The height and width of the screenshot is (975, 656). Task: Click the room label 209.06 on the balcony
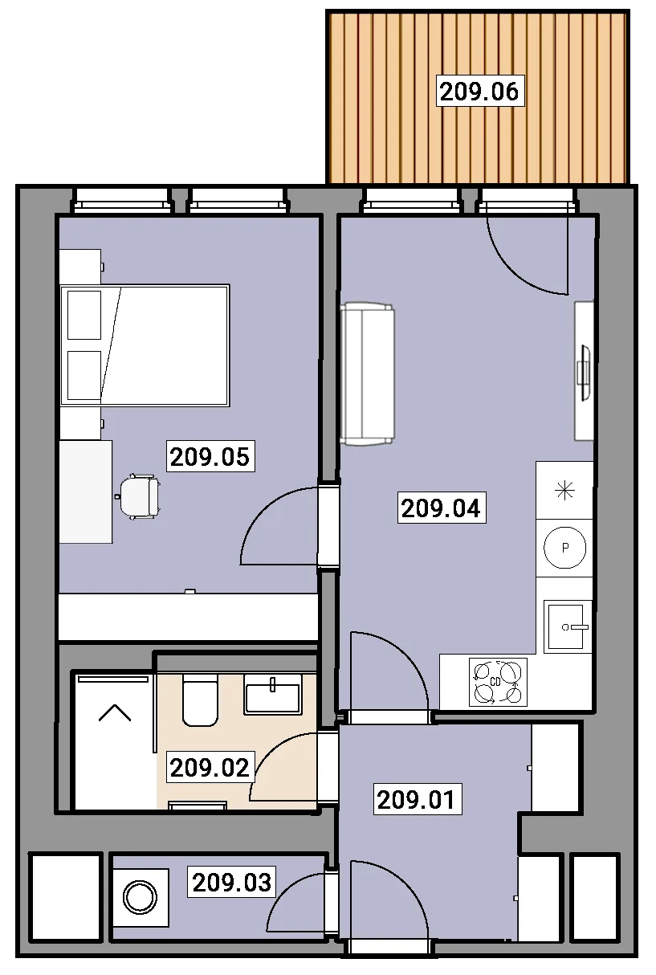point(479,92)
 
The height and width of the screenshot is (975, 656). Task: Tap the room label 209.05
point(210,457)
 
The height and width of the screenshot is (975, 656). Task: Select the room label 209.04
point(442,508)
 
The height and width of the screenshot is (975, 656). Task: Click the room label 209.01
point(417,800)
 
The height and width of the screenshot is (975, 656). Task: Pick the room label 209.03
point(232,883)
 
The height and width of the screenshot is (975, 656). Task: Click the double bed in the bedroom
point(145,345)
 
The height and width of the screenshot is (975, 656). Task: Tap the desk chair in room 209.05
point(138,496)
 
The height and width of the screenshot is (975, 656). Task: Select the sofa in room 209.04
point(368,374)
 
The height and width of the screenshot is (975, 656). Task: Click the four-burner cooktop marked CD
point(498,682)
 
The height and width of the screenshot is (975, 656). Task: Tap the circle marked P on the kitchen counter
point(565,548)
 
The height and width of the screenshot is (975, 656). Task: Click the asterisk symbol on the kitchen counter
point(565,491)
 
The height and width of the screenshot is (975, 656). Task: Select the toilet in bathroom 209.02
point(200,700)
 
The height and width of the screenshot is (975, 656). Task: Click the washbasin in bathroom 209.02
point(273,694)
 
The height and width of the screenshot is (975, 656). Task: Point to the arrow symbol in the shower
point(115,712)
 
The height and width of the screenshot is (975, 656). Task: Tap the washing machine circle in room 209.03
point(141,898)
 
